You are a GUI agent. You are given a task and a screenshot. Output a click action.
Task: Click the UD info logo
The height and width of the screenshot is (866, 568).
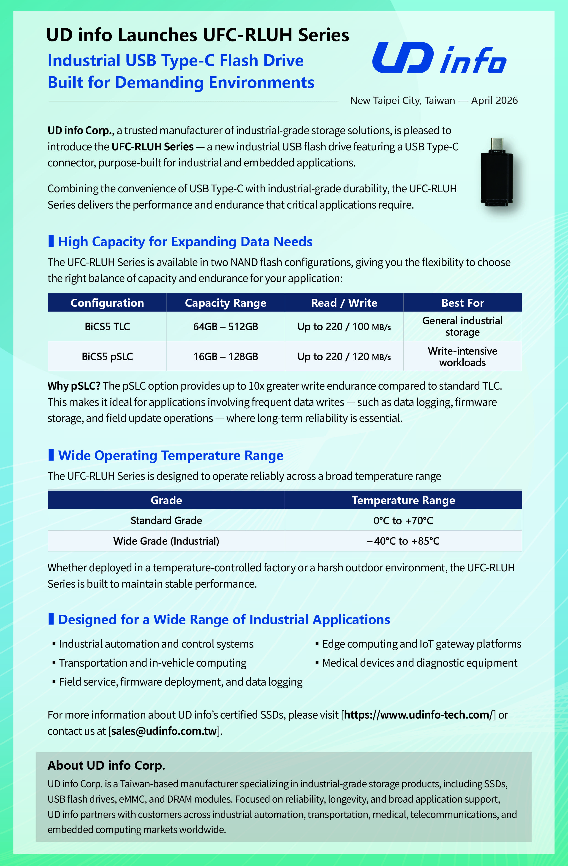coord(439,58)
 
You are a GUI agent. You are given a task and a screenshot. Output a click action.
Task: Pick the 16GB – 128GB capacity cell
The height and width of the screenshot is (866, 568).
coord(226,356)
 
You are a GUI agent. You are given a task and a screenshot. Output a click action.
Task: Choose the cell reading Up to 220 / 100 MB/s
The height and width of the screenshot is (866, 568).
coord(344,326)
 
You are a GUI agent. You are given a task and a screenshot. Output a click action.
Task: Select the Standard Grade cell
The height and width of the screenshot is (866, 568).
coord(166,520)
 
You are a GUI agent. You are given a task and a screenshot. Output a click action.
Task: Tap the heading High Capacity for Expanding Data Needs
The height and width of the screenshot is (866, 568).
coord(185,242)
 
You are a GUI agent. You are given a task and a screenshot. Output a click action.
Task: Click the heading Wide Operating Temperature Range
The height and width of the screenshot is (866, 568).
coord(171,455)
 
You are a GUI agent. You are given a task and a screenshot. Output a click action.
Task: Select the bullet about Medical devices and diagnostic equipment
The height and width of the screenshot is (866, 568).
coord(420,662)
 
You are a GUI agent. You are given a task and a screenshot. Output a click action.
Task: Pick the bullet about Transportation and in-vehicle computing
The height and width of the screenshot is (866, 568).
coord(152,662)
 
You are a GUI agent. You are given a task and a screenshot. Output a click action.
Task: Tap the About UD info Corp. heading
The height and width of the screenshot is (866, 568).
coord(106,765)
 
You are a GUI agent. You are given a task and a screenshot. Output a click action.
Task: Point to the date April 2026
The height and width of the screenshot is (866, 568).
coord(494,100)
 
